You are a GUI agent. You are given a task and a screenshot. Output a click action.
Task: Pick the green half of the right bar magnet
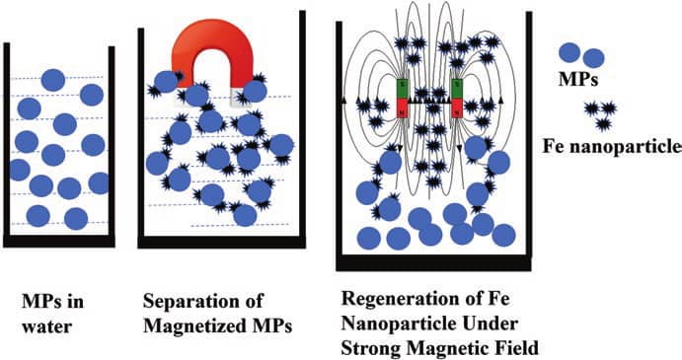click(458, 88)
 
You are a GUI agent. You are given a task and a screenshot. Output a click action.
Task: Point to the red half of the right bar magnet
click(458, 108)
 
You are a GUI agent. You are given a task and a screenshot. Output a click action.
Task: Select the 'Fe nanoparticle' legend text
click(612, 147)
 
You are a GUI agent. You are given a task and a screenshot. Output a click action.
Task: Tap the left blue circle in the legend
click(569, 53)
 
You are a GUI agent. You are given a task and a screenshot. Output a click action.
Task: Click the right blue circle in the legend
click(593, 58)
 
